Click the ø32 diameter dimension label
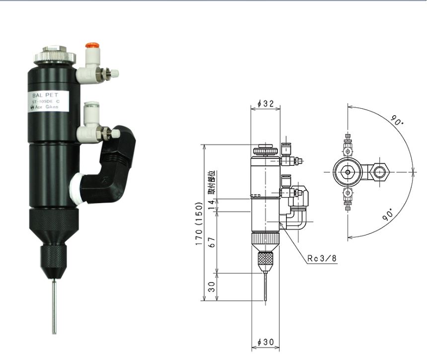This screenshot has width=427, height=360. (x=266, y=104)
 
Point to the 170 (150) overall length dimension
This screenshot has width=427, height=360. (x=200, y=223)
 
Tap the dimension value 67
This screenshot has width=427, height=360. (x=212, y=242)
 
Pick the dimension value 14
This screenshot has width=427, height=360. (x=212, y=205)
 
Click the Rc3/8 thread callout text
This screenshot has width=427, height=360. (x=321, y=258)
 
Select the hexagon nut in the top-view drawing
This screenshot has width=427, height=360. (x=381, y=172)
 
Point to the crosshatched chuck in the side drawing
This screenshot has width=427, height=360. (x=266, y=260)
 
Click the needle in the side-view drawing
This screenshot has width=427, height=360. (x=267, y=288)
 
